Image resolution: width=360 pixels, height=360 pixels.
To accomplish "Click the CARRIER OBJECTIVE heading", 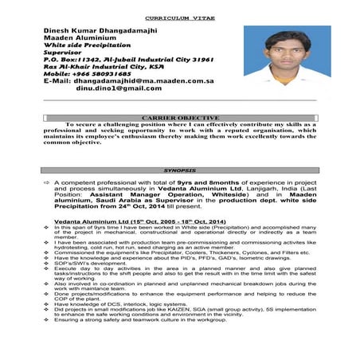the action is [180, 119].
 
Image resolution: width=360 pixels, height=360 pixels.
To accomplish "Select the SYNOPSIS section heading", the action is [179, 170].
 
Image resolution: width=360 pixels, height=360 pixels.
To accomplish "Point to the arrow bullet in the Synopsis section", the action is [46, 183].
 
